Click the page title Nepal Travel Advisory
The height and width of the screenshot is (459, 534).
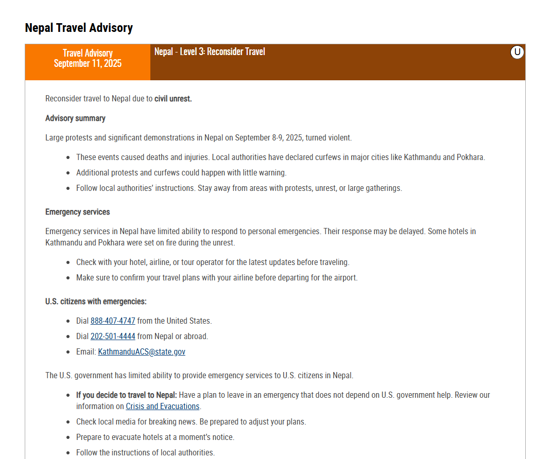click(x=79, y=28)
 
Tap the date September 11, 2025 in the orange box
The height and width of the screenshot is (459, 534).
click(x=88, y=63)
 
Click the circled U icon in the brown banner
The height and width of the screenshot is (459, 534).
click(x=517, y=52)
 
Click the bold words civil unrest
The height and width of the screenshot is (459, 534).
click(x=173, y=99)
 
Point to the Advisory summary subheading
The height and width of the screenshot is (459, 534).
click(x=75, y=118)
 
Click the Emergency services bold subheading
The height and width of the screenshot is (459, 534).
click(x=77, y=212)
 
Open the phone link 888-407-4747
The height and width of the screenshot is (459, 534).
click(x=113, y=321)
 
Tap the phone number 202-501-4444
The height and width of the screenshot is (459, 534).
click(x=113, y=337)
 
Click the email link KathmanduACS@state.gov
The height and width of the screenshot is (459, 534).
click(x=142, y=352)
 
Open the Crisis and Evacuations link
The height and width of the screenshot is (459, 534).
click(x=162, y=407)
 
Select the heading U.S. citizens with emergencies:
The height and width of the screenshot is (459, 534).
click(x=96, y=302)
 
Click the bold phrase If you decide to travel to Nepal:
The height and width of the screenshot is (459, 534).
click(x=127, y=395)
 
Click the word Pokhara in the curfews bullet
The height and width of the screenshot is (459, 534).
click(x=470, y=157)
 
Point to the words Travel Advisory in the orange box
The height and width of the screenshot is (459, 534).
click(x=88, y=53)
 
